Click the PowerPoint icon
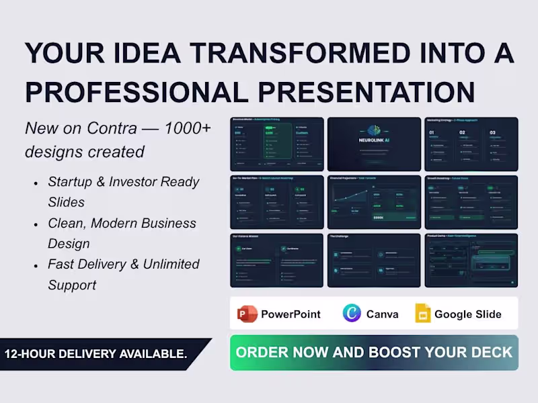247,314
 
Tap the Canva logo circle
352,314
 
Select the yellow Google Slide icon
422,314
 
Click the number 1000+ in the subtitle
191,128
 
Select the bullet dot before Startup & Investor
35,183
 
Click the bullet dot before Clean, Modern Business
35,224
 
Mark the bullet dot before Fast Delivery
35,265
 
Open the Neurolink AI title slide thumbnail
374,144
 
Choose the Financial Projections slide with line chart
374,202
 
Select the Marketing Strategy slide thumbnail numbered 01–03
471,144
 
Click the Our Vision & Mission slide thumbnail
276,260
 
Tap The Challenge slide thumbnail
374,260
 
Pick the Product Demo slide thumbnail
471,260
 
